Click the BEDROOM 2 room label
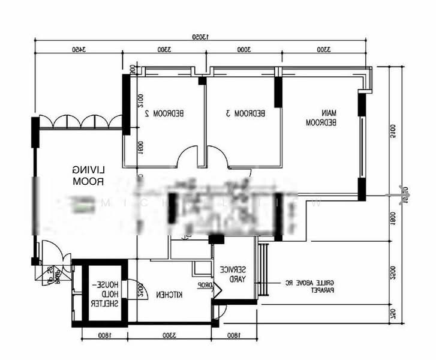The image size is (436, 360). point(169,113)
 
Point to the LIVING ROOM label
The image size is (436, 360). point(88,175)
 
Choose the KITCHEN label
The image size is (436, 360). point(170,295)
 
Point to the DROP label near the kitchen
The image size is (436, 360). point(205,285)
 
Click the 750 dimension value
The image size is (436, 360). point(393,314)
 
